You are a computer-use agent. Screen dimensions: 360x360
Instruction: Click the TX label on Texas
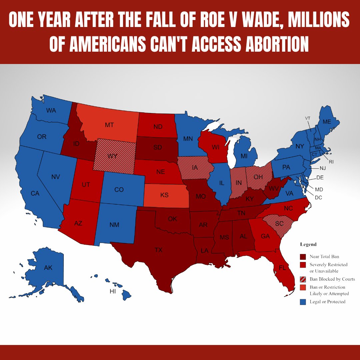pyautogui.click(x=158, y=250)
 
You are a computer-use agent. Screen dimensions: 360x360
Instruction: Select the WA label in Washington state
pyautogui.click(x=51, y=110)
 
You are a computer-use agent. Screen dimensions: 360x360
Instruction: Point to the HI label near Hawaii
pyautogui.click(x=113, y=291)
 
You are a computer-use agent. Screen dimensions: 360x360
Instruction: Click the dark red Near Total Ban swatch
pyautogui.click(x=303, y=257)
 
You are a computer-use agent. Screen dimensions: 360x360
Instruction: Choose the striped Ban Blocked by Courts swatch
pyautogui.click(x=303, y=279)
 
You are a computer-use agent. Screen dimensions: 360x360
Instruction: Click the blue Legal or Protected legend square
pyautogui.click(x=303, y=302)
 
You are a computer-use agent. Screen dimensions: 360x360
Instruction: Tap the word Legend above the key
pyautogui.click(x=308, y=244)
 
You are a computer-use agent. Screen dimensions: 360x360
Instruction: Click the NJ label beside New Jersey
pyautogui.click(x=322, y=168)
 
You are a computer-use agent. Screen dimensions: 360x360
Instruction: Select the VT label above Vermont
pyautogui.click(x=308, y=118)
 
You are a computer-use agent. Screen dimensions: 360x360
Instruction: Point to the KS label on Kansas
pyautogui.click(x=164, y=195)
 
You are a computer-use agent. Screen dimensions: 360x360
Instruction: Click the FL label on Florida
pyautogui.click(x=282, y=268)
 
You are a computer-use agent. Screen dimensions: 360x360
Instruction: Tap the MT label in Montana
pyautogui.click(x=109, y=125)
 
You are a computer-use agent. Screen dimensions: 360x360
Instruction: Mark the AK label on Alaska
pyautogui.click(x=48, y=267)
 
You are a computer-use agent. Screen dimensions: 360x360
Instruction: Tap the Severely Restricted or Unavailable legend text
pyautogui.click(x=328, y=268)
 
